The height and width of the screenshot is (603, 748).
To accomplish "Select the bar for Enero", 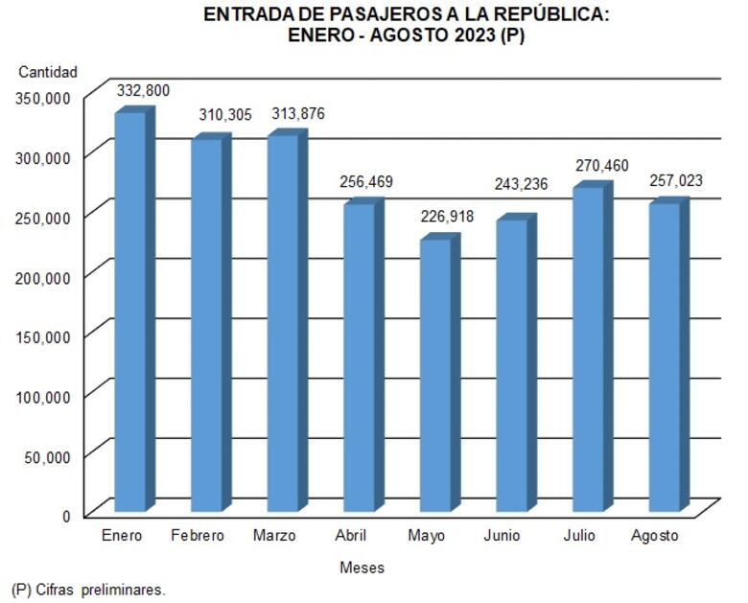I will click(x=130, y=312).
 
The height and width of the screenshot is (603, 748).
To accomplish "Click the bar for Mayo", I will click(x=435, y=375).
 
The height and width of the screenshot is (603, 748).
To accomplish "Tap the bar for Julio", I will click(x=588, y=349).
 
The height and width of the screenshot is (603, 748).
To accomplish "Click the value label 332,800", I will click(x=143, y=90).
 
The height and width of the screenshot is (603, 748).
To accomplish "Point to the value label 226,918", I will click(x=447, y=217).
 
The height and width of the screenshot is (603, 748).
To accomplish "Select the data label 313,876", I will click(x=298, y=114).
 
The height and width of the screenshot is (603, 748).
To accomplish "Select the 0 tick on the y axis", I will click(x=66, y=516).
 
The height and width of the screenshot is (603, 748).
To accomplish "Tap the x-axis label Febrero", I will click(x=198, y=535).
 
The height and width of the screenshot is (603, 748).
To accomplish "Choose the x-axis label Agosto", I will click(x=654, y=535).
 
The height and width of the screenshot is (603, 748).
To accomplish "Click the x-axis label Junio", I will click(x=502, y=535).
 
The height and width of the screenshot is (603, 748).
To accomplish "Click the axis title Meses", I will click(x=362, y=568).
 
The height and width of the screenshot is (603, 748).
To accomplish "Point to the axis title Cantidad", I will click(x=48, y=72).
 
